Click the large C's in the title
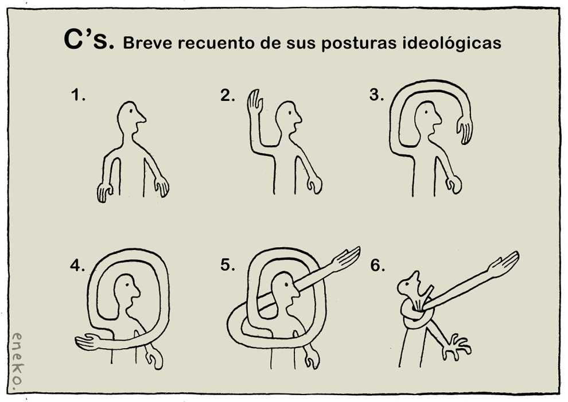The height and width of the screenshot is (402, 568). coord(89,39)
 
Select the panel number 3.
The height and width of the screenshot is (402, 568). coord(377,95)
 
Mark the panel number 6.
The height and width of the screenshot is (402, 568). coord(378,266)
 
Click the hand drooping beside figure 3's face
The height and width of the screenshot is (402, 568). coord(465,130)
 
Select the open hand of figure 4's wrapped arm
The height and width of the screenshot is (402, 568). coord(87,342)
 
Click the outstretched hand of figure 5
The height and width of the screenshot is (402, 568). coord(347,258)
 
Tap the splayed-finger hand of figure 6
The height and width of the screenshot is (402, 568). coord(456,348)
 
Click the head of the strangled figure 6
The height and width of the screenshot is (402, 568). coord(409,283)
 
